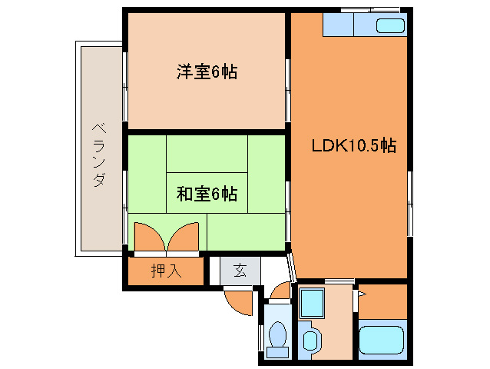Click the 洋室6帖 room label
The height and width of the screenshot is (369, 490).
(x=206, y=72)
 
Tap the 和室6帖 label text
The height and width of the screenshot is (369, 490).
(x=206, y=194)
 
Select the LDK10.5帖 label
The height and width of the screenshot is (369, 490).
(x=353, y=145)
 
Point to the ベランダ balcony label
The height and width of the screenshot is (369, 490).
(x=99, y=153)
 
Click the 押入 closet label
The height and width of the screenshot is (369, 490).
(x=165, y=271)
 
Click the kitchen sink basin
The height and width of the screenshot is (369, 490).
(x=389, y=26)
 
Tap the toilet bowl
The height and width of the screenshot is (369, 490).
(x=278, y=336)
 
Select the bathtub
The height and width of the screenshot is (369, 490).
(x=382, y=339)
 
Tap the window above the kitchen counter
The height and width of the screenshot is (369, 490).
(x=370, y=9)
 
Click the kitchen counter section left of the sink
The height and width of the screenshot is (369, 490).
(x=338, y=26)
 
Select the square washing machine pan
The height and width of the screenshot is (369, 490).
(x=312, y=304)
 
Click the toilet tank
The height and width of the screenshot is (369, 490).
(x=278, y=353)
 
